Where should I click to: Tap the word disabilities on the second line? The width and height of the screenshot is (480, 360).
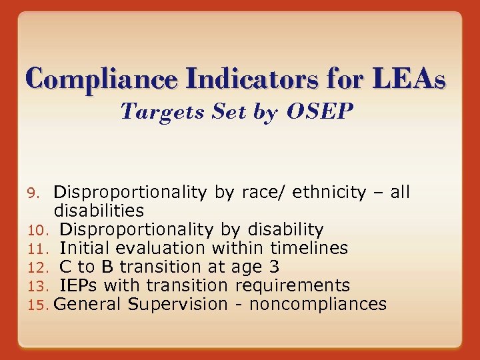pyautogui.click(x=99, y=211)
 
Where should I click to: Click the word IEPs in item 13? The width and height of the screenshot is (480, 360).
pyautogui.click(x=79, y=286)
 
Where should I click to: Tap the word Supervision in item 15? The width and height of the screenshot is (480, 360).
pyautogui.click(x=178, y=305)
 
